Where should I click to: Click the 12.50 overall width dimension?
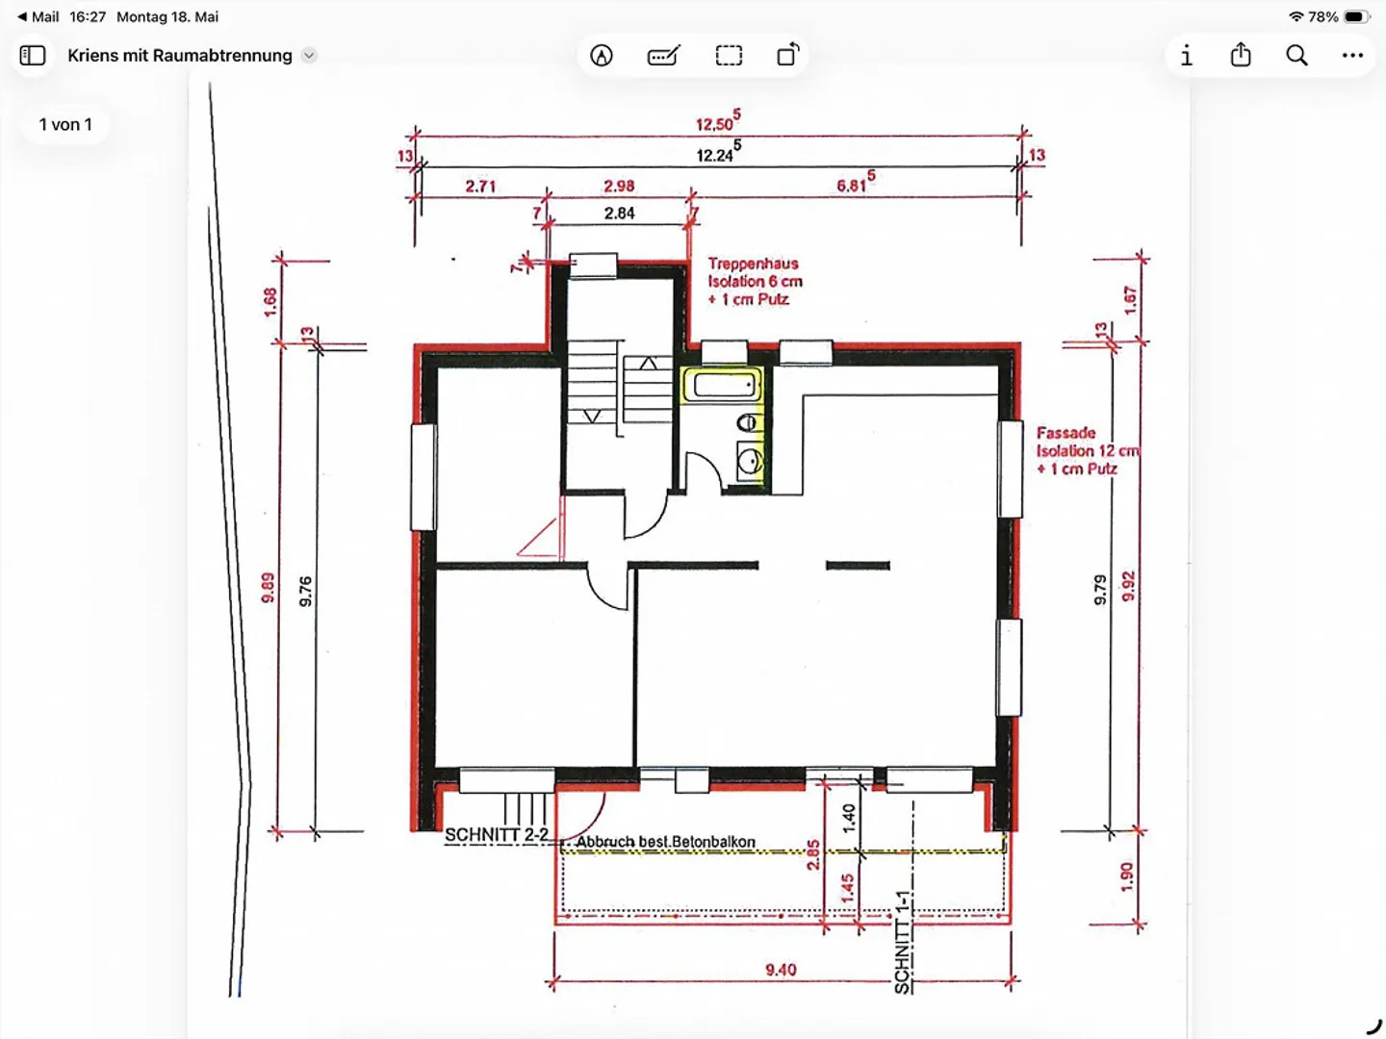(x=718, y=121)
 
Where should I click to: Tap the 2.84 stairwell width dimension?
(x=619, y=214)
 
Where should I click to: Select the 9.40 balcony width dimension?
(x=781, y=969)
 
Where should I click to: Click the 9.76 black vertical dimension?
(x=306, y=591)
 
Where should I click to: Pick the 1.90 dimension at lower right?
(x=1126, y=876)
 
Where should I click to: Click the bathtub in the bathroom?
(x=722, y=385)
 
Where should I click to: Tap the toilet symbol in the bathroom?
(x=747, y=422)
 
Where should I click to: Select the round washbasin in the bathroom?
(x=750, y=462)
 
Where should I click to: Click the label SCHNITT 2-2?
(x=497, y=834)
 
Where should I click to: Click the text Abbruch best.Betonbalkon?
(x=665, y=842)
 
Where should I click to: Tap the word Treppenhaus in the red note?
(x=753, y=264)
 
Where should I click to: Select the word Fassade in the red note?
(x=1065, y=433)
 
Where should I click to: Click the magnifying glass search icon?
(x=1296, y=56)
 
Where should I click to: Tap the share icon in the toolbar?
(x=1241, y=54)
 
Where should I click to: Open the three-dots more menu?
(x=1352, y=56)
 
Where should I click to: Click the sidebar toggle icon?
(x=33, y=56)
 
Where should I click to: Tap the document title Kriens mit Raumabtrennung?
(x=180, y=56)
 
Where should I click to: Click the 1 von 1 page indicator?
(x=65, y=124)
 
